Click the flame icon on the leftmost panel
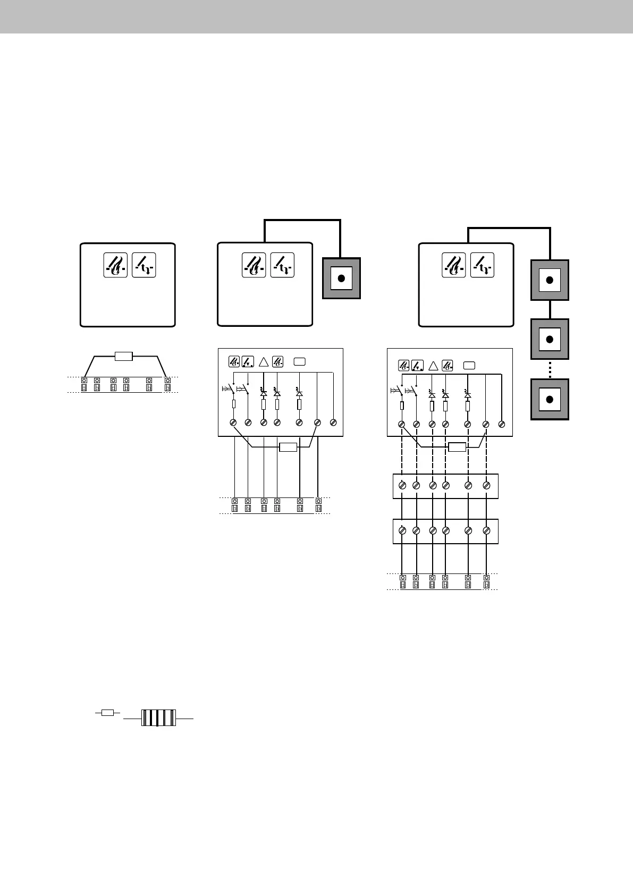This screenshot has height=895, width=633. pos(115,265)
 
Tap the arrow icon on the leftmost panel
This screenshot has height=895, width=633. pos(144,265)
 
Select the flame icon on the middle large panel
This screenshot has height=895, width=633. pos(254,265)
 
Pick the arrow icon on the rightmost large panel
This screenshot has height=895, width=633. pos(482,265)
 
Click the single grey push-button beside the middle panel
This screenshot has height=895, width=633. pos(341,278)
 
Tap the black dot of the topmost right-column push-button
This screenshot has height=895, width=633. pos(550,280)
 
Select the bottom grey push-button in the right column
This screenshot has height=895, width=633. pos(550,399)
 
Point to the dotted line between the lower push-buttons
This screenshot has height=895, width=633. pos(550,369)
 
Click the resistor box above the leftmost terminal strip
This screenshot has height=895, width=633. pos(123,356)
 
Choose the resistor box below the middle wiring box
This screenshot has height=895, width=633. pos(288,447)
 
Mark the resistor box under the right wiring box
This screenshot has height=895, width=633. pos(457,447)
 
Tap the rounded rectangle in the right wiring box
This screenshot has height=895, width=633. pos(469,365)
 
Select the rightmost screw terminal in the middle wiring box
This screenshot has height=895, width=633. pos(333,423)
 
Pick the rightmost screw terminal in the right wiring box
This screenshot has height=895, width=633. pos(502,424)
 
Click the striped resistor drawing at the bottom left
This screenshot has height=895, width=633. pos(158,718)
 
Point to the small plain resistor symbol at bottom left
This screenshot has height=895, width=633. pos(107,713)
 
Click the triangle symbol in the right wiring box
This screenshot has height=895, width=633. pos(433,366)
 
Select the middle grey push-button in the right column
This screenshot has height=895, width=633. pos(550,339)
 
